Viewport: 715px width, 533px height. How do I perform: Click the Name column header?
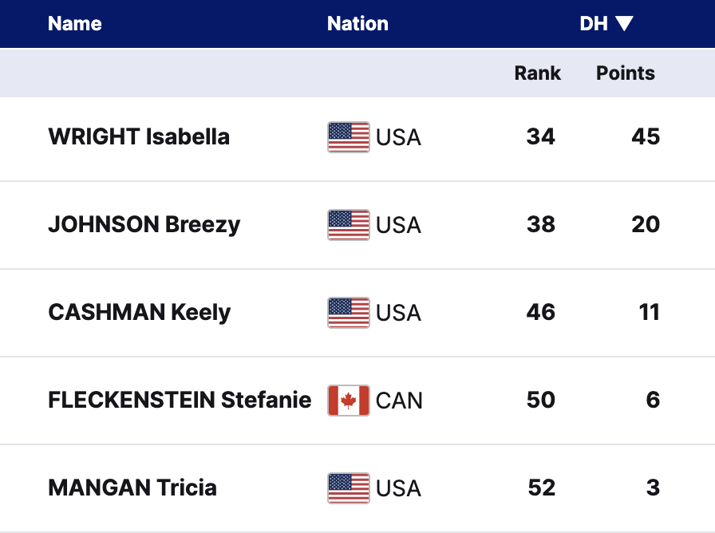tap(75, 24)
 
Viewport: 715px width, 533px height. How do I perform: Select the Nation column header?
tap(357, 24)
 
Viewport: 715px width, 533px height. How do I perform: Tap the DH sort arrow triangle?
tap(624, 24)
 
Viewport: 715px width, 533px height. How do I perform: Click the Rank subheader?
tap(537, 73)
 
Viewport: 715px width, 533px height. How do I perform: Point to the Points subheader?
tap(625, 73)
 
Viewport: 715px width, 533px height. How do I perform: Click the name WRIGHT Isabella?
tap(139, 136)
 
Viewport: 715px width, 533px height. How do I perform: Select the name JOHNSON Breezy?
tap(144, 224)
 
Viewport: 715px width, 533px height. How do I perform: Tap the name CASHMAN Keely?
tap(139, 312)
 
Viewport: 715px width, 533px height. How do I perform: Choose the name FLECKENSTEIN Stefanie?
tap(180, 400)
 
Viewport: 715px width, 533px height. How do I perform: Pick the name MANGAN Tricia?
tap(132, 488)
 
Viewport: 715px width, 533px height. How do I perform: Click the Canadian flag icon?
tap(349, 401)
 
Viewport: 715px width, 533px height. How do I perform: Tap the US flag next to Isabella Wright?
tap(349, 137)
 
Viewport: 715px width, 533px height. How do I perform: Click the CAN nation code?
tap(399, 401)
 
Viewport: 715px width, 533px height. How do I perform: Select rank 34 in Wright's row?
tap(540, 136)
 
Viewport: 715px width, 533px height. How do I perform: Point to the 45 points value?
tap(646, 136)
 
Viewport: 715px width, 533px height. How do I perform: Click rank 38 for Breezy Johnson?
tap(540, 224)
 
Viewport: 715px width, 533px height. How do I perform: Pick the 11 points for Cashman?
tap(650, 312)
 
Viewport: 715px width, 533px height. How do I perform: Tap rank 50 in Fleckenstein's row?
tap(540, 400)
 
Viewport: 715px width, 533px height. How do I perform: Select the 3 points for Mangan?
tap(653, 488)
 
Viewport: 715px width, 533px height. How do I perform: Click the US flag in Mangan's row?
tap(349, 488)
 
